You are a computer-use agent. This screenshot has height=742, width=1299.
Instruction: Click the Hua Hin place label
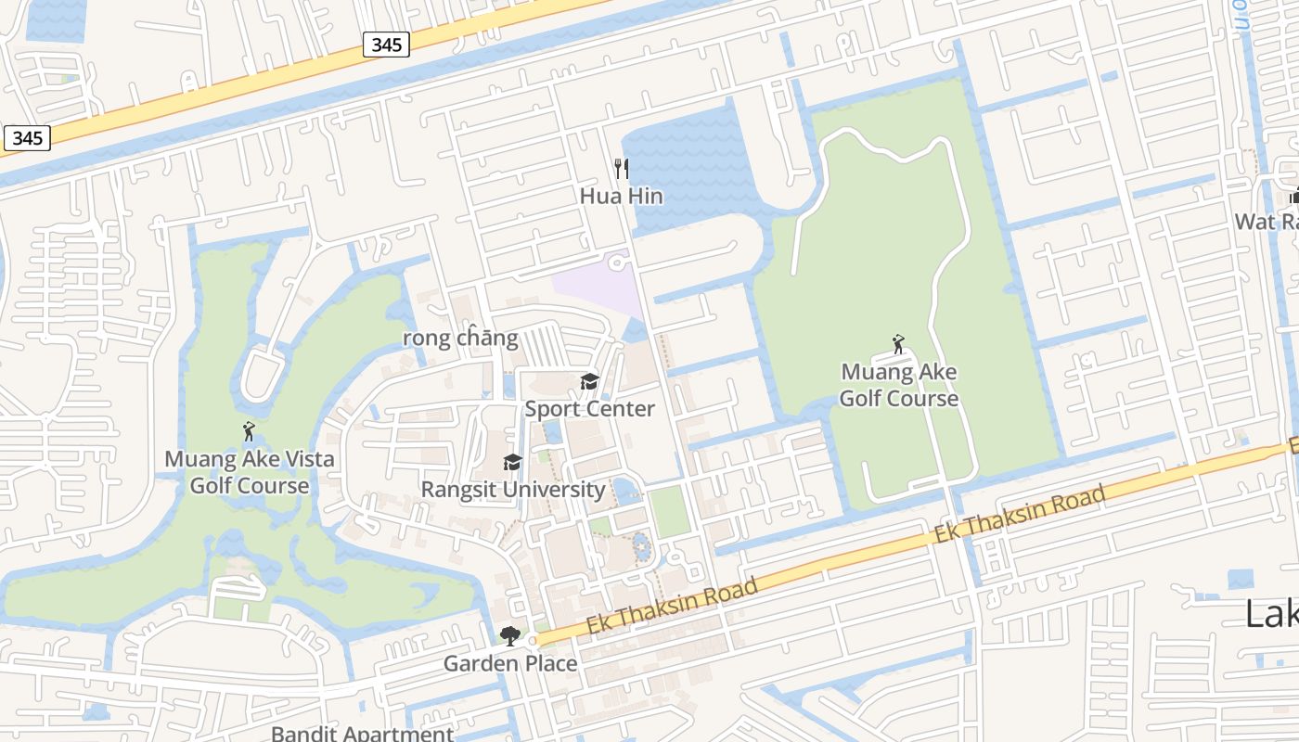622,196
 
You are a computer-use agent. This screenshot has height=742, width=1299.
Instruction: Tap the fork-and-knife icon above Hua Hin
622,168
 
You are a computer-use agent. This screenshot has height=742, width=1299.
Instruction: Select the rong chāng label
460,338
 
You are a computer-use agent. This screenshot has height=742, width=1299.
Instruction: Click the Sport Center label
590,409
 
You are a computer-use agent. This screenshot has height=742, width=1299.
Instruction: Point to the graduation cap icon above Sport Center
589,381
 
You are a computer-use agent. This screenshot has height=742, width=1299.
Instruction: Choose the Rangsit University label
513,489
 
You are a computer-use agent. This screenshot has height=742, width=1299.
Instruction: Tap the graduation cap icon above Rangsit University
512,462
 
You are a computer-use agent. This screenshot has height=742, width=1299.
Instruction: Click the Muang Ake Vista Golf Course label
250,472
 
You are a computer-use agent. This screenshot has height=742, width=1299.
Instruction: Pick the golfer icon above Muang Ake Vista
249,431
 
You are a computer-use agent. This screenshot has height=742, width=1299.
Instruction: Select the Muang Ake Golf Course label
899,385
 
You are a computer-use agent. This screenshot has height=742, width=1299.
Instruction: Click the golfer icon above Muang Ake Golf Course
898,345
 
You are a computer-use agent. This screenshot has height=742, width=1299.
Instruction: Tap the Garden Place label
510,663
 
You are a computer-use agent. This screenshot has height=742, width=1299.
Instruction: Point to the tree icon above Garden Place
509,635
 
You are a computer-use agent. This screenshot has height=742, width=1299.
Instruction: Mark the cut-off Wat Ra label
1267,222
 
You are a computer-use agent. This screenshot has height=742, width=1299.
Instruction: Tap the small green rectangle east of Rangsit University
669,511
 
